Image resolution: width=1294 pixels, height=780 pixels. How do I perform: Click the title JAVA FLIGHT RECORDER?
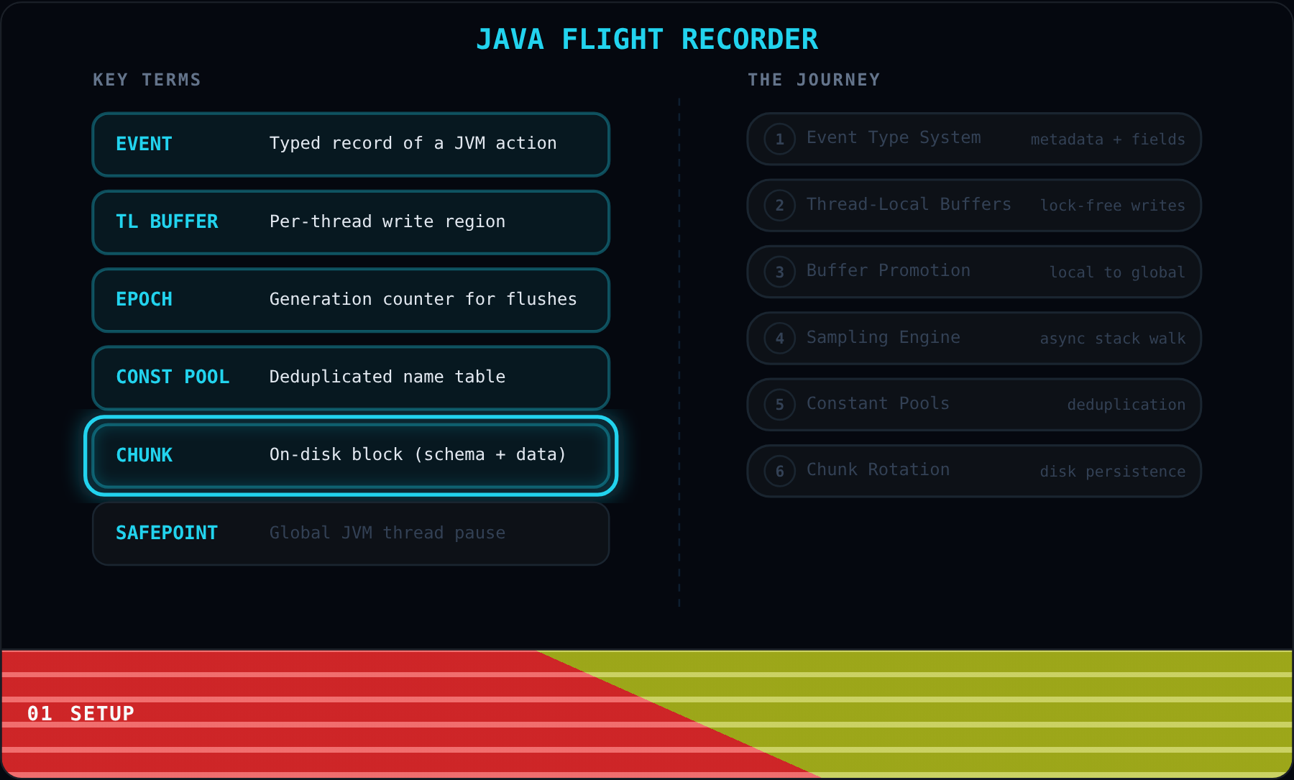click(x=647, y=40)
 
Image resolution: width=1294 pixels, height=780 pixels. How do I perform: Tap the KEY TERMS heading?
click(x=147, y=80)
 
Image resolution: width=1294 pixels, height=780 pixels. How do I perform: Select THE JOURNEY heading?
click(x=814, y=80)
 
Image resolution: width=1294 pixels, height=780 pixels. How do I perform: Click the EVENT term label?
click(x=144, y=144)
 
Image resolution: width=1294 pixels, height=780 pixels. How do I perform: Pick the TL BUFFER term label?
click(x=167, y=221)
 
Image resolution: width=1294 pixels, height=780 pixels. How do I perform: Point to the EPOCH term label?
click(x=144, y=299)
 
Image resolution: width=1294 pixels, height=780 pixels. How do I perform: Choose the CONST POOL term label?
click(x=173, y=377)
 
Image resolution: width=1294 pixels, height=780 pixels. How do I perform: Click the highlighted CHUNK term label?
click(x=144, y=455)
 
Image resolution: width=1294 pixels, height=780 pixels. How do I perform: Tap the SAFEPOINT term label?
click(x=167, y=533)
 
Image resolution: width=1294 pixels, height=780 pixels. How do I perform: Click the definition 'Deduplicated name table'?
click(x=387, y=377)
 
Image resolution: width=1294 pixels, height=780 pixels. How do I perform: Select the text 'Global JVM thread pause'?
click(x=387, y=533)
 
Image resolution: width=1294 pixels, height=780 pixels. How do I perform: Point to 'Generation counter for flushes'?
click(x=423, y=299)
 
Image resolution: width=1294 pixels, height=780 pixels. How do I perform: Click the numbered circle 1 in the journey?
click(x=779, y=139)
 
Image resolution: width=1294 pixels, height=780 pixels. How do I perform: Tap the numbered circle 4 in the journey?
click(x=779, y=338)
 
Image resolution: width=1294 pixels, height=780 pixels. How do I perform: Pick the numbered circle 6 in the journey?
click(x=779, y=471)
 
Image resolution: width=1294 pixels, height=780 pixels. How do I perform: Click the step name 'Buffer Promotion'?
click(x=889, y=270)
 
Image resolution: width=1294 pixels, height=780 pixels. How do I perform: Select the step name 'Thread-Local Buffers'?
click(x=909, y=204)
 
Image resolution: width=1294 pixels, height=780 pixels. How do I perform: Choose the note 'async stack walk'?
click(x=1113, y=339)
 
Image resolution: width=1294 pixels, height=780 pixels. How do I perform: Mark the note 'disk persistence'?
click(x=1113, y=472)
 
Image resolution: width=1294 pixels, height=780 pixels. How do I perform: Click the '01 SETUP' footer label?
click(x=81, y=713)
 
